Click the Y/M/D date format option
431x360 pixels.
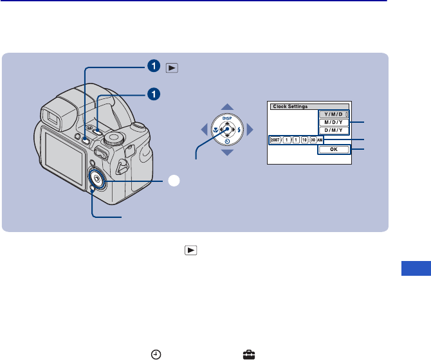[x=333, y=114]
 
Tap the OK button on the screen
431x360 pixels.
[x=333, y=149]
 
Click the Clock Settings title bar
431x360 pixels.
[x=309, y=105]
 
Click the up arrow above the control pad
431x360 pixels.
[x=227, y=107]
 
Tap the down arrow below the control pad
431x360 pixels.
[x=227, y=153]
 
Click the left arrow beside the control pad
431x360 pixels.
[x=203, y=130]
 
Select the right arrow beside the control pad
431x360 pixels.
[x=251, y=130]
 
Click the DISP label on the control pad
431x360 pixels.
[x=227, y=118]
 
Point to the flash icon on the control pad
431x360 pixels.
[x=239, y=130]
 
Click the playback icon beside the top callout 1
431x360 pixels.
[x=170, y=66]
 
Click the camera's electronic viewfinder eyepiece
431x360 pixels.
[x=50, y=116]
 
